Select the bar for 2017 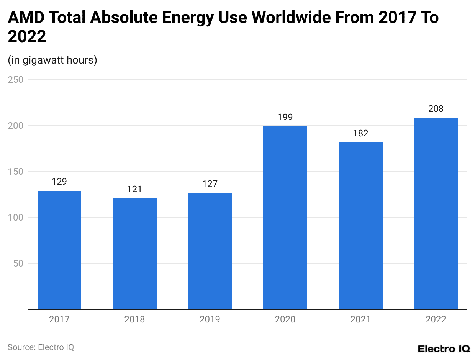click(x=59, y=250)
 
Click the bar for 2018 click(x=134, y=254)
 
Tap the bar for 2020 click(x=285, y=218)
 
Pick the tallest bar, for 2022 click(x=436, y=214)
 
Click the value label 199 click(x=285, y=117)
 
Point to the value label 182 click(x=360, y=133)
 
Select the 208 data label click(x=436, y=109)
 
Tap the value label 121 click(x=134, y=189)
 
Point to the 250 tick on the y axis click(x=16, y=80)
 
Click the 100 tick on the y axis click(x=16, y=218)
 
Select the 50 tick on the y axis click(x=18, y=263)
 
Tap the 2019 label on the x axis click(x=210, y=319)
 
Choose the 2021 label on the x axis click(x=360, y=319)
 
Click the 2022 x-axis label click(x=436, y=319)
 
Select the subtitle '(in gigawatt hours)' click(x=52, y=60)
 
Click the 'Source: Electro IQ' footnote click(x=41, y=347)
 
